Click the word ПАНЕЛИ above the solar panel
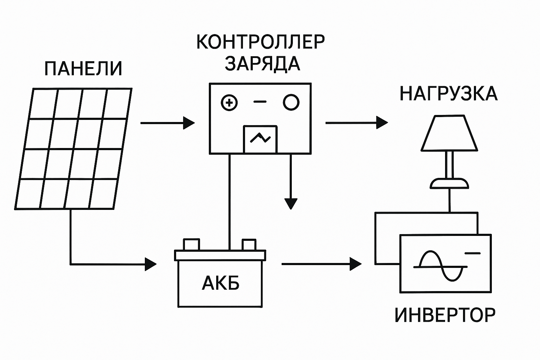(83, 69)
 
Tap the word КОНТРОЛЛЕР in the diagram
(260, 42)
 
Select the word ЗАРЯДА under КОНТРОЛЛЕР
(262, 64)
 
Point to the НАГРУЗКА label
(449, 94)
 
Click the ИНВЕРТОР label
(445, 315)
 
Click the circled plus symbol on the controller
(229, 103)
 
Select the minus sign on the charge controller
(260, 102)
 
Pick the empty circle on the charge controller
(291, 102)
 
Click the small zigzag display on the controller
(260, 139)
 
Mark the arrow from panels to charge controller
(167, 123)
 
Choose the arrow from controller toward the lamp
(356, 123)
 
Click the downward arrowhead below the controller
(291, 203)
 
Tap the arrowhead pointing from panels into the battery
(150, 264)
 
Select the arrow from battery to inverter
(321, 263)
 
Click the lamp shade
(449, 134)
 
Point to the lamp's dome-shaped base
(449, 183)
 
